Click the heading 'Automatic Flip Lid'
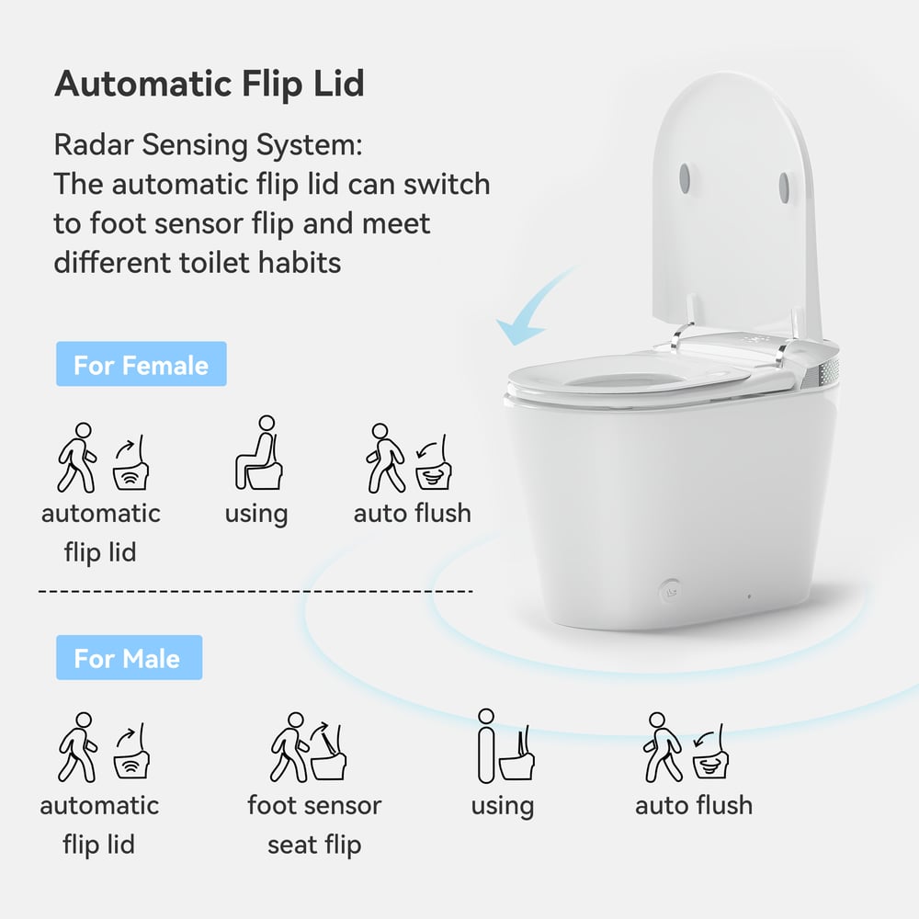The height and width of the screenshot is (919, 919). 210,84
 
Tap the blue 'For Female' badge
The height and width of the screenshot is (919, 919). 141,365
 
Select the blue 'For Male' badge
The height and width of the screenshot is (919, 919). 128,658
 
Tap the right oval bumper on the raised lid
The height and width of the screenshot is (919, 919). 784,187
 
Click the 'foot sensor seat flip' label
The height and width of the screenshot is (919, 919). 314,824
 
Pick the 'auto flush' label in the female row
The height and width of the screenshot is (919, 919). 412,513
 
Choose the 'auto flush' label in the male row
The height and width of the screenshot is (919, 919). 694,805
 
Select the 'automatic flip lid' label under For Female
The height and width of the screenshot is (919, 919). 100,532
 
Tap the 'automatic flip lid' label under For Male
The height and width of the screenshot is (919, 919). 99,824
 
